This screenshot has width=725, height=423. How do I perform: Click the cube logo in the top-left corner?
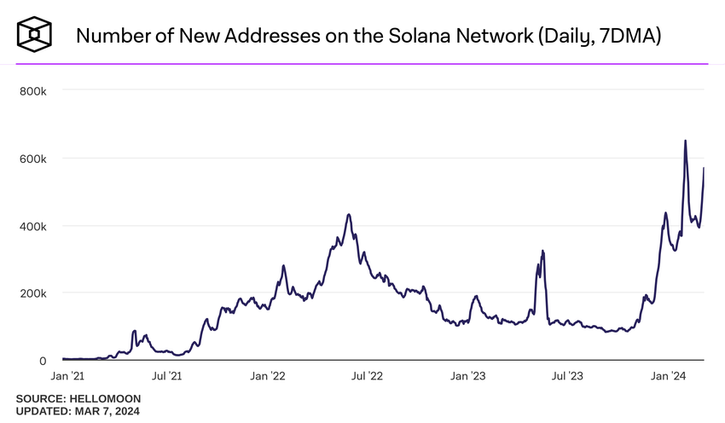[35, 33]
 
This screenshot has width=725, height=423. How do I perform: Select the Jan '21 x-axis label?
[68, 376]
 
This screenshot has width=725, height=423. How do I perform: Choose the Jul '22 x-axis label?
[369, 376]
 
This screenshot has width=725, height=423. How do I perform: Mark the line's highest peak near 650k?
[685, 142]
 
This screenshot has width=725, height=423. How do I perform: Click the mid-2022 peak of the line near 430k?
[349, 215]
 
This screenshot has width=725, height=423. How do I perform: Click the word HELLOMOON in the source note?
[105, 399]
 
